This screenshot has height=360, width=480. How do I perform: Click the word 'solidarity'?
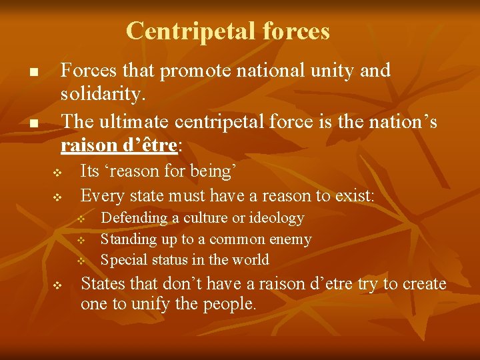pyautogui.click(x=101, y=95)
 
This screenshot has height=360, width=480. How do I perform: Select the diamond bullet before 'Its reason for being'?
pyautogui.click(x=57, y=173)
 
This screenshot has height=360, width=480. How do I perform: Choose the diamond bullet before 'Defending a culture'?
pyautogui.click(x=79, y=219)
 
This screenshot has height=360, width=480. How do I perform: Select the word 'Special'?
pyautogui.click(x=121, y=260)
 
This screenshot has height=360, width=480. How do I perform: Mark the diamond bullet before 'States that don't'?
pyautogui.click(x=57, y=285)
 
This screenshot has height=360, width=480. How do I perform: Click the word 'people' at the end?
pyautogui.click(x=230, y=305)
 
